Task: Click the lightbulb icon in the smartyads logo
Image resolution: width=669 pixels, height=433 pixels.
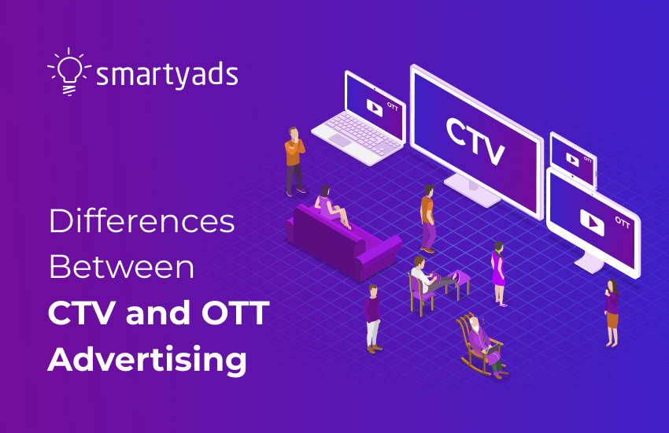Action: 69,71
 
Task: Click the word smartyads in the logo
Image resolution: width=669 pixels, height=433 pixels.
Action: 166,76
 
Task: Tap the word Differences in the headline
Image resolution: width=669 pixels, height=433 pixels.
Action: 142,222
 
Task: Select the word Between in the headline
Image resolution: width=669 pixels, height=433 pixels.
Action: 121,268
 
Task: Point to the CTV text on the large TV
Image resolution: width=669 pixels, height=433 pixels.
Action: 475,141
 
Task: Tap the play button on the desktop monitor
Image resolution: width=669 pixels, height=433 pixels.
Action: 591,222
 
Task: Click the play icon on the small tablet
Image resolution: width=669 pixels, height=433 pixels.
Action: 572,159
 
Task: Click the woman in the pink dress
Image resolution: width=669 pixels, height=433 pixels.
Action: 497,272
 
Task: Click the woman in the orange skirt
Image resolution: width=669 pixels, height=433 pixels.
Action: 611,312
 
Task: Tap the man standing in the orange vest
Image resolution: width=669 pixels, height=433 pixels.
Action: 427,216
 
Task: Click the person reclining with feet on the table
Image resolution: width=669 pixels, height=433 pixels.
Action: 429,275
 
